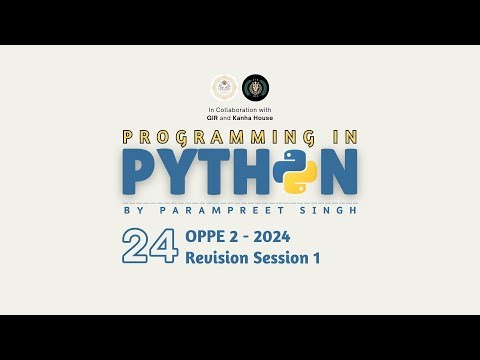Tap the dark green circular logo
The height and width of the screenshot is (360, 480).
pyautogui.click(x=256, y=88)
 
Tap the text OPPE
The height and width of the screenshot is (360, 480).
pyautogui.click(x=207, y=237)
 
